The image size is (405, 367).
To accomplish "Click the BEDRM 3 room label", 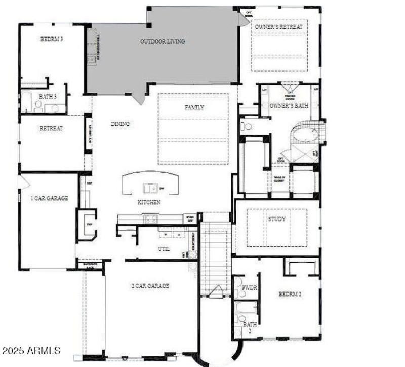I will point(51,39).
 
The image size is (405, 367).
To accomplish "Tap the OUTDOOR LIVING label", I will point(163,41).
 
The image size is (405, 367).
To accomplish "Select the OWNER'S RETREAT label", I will point(279,26).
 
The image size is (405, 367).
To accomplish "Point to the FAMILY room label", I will point(194,107).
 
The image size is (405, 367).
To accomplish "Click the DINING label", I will point(120,124).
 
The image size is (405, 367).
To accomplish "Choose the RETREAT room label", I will point(51,128).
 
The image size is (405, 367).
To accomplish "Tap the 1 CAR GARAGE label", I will point(50,198).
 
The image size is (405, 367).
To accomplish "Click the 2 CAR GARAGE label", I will point(150,286).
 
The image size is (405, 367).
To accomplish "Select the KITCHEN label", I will point(149,202).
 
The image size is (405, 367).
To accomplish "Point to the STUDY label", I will point(277,219).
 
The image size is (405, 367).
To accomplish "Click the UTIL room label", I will point(164,249).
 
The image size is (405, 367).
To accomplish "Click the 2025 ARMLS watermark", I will point(31,350).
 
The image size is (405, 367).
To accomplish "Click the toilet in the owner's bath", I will point(248,127).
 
